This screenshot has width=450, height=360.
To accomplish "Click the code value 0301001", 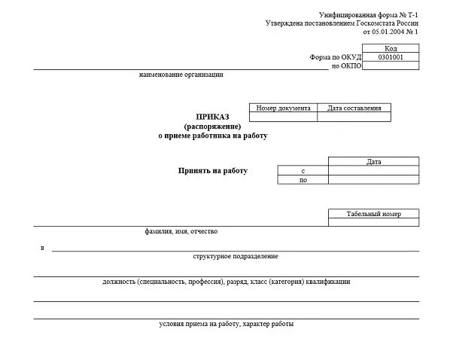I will pos(391,56).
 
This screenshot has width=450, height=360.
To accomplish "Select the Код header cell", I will pos(391,47).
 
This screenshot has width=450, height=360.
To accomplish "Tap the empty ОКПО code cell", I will pos(391,66).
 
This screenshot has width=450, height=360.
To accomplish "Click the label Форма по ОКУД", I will pos(336,56).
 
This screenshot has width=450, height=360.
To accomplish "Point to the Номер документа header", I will pos(283,108).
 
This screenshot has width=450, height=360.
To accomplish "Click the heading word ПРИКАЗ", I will pos(212,117).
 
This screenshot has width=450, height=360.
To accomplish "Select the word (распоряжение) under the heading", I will pos(212,126).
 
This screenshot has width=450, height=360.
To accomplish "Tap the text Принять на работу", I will pos(212,171).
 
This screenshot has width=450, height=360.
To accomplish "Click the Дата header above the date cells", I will pos(374,162).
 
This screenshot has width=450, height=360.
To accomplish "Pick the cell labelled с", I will pos(303,171).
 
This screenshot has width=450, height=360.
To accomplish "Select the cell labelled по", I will pos(303,180).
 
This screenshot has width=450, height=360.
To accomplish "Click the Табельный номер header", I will pos(374,214).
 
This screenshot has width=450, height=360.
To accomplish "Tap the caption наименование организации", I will pos(181,75).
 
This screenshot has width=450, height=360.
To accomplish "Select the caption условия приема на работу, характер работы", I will pos(227,324).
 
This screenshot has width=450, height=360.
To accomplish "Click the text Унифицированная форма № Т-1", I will pos(368,15).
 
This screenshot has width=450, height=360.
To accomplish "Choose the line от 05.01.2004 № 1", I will pos(390,32).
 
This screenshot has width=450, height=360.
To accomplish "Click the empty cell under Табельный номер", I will pos(374,222).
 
